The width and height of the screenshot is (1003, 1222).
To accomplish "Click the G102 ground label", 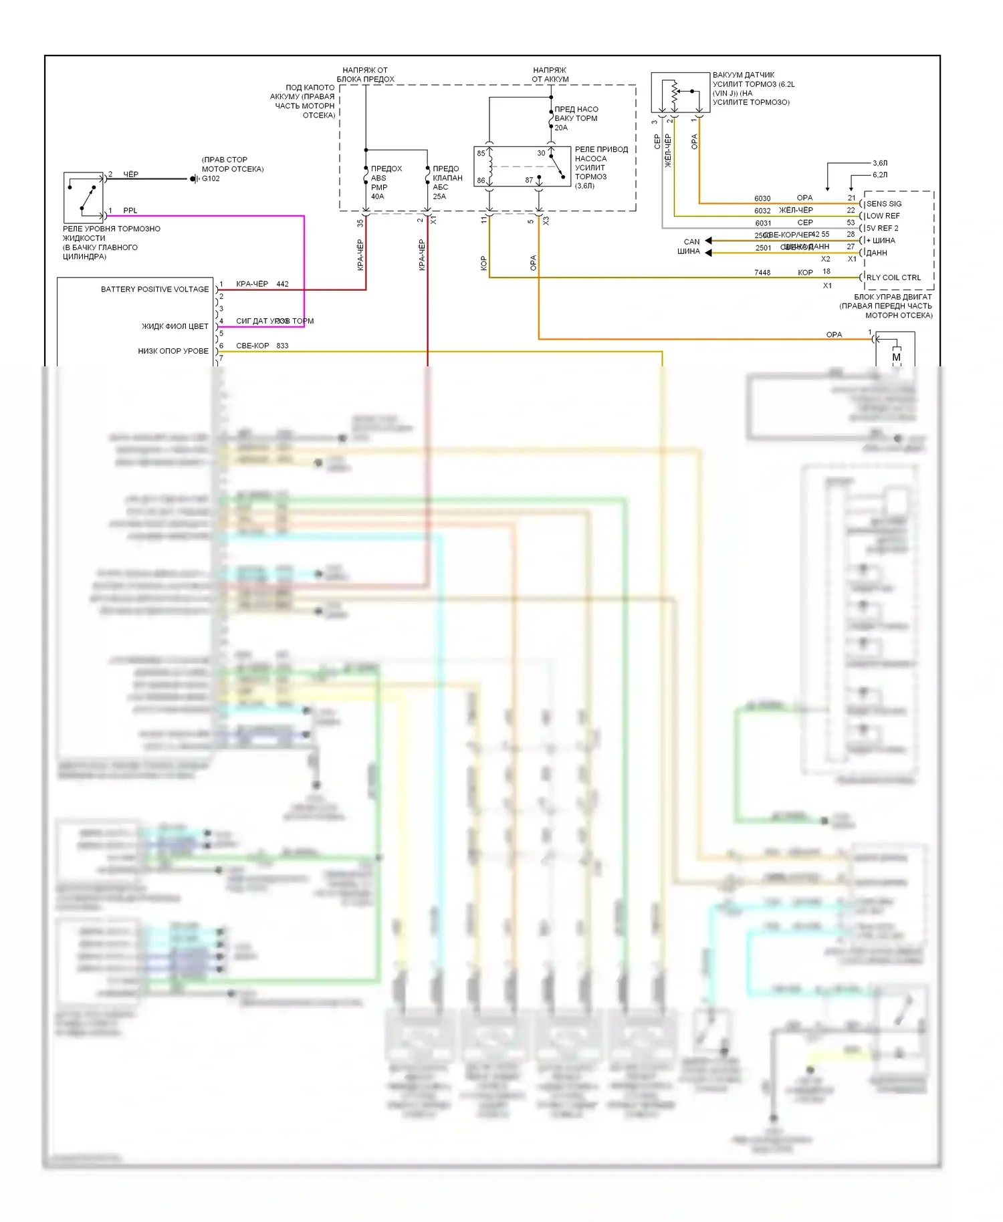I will tap(211, 178).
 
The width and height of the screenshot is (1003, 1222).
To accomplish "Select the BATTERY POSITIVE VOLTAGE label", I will tap(154, 289).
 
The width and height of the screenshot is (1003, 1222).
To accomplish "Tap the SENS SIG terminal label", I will tap(884, 204).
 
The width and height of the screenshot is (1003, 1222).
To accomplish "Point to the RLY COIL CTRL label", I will tap(893, 277).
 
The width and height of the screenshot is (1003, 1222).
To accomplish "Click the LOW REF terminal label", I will tap(883, 216).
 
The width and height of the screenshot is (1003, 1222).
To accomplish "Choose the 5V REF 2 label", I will tap(883, 228).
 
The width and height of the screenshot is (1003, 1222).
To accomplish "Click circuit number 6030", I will tap(762, 199).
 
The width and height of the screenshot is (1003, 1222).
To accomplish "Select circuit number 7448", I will tap(762, 273).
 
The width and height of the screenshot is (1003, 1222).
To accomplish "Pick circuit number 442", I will tap(282, 284).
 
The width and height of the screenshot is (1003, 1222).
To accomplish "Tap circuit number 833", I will tap(282, 346).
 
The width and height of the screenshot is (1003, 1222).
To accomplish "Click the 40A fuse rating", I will tap(377, 197).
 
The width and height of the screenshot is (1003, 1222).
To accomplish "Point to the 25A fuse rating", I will tap(439, 197).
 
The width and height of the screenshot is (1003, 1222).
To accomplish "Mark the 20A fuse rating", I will tap(561, 128).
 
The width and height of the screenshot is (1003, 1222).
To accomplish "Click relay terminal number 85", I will tap(481, 153).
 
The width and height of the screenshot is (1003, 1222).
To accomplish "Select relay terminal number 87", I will tap(529, 180).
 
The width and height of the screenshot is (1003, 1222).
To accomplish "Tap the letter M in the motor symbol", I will tap(896, 357).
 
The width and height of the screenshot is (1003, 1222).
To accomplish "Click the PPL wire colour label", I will tap(130, 211).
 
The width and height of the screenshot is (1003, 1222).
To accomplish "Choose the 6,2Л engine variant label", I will tap(880, 175).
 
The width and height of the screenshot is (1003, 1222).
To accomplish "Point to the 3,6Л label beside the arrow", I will tap(880, 163).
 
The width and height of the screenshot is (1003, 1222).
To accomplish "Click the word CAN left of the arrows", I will tap(691, 242).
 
